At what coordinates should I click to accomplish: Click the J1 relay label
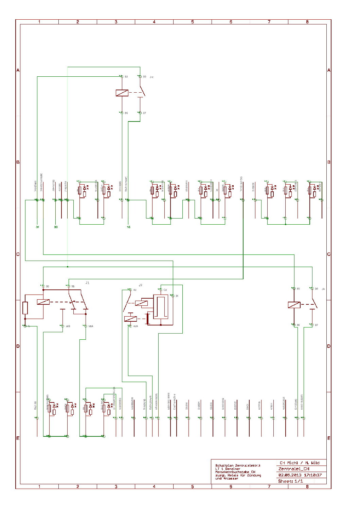click(x=87, y=283)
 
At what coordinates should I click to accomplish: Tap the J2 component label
click(x=140, y=285)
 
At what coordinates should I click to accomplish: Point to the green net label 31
click(x=37, y=227)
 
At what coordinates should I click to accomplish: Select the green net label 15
click(x=128, y=227)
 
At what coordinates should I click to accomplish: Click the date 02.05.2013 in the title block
click(x=288, y=475)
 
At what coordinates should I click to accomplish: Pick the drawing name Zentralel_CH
click(x=294, y=469)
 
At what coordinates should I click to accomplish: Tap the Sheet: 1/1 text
click(x=290, y=481)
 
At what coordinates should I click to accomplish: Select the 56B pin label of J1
click(x=68, y=326)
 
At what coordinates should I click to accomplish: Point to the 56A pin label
click(x=91, y=326)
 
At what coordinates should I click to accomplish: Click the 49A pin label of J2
click(x=136, y=326)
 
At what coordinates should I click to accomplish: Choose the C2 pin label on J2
click(x=165, y=290)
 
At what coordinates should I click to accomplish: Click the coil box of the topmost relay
click(x=122, y=93)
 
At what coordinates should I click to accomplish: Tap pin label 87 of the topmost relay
click(x=144, y=113)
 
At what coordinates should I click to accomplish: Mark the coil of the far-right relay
click(x=294, y=305)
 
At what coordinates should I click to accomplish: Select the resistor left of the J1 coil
click(x=25, y=308)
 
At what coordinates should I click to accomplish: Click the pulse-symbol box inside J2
click(x=161, y=307)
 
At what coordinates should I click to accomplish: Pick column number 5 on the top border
click(x=192, y=22)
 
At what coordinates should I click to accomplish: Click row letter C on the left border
click(x=18, y=254)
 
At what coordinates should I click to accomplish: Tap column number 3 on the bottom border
click(x=116, y=486)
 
